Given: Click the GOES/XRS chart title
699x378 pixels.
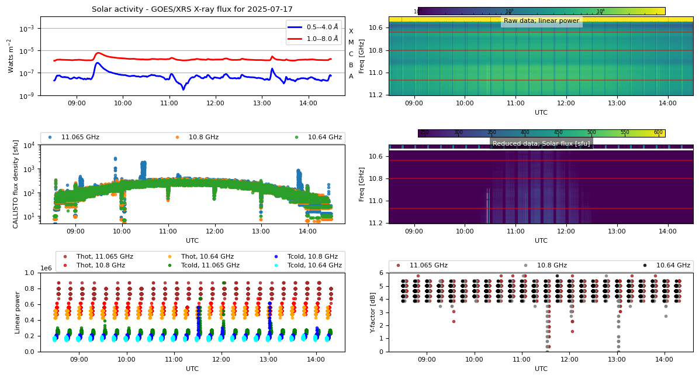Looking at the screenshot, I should pos(192,9).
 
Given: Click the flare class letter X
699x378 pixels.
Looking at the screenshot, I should pos(351,32).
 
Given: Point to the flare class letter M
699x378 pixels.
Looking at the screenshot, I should pos(351,43).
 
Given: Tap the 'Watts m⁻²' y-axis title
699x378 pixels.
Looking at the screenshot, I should pos(10,56).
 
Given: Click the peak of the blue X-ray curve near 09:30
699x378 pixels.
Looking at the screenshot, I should pos(97,63).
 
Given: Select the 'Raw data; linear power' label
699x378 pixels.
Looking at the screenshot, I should pos(541,21).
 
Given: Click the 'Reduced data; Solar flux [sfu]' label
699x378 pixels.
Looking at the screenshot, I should pos(541,143).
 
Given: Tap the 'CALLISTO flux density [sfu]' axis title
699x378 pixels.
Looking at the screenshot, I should pos(16,184).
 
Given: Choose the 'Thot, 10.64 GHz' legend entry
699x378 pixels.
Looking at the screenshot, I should pos(207,256).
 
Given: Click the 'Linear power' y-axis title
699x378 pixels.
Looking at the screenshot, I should pos(18,312).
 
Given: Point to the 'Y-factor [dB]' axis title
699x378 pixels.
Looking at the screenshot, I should pos(373,312).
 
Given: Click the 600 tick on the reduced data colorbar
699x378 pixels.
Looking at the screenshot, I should pos(658,133).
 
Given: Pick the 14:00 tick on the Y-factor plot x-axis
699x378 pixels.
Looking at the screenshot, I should pos(664,359).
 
